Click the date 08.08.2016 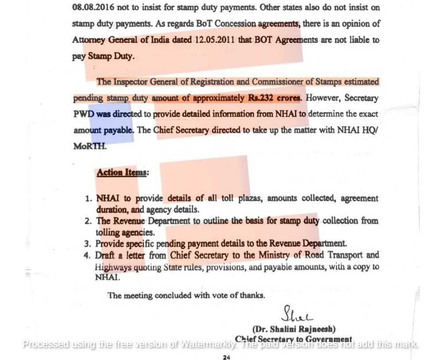pyautogui.click(x=90, y=7)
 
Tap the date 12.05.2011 pyautogui.click(x=212, y=40)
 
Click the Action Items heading pyautogui.click(x=122, y=172)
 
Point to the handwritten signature pyautogui.click(x=298, y=315)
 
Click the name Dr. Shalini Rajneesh pyautogui.click(x=294, y=329)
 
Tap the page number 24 pyautogui.click(x=226, y=357)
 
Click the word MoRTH pyautogui.click(x=90, y=146)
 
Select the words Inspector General pyautogui.click(x=142, y=82)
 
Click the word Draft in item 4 pyautogui.click(x=105, y=255)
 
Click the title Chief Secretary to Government pyautogui.click(x=294, y=339)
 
